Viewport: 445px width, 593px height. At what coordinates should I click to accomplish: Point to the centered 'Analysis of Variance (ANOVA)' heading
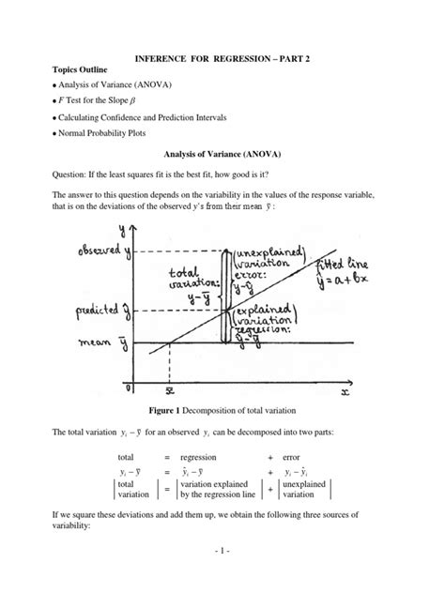click(x=222, y=156)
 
